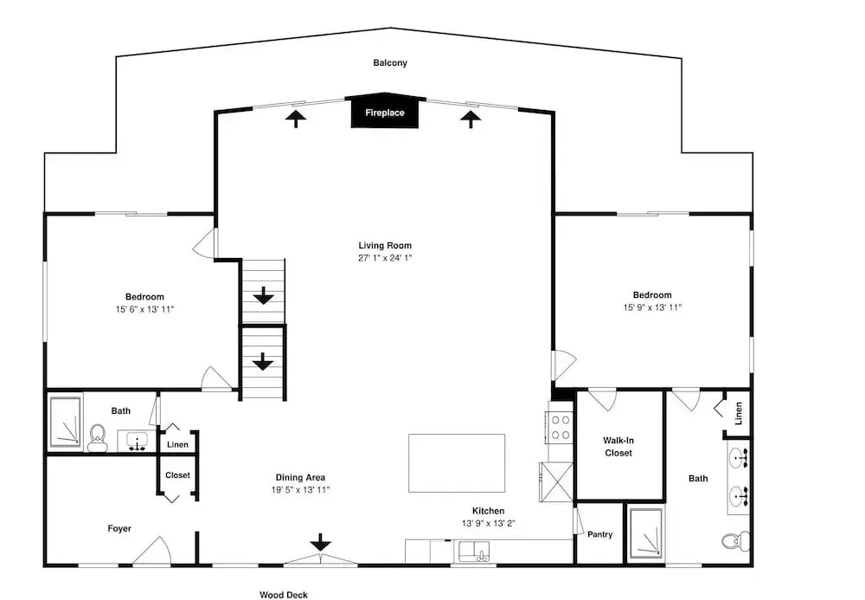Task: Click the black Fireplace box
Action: pos(385,112)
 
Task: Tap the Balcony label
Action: pos(390,63)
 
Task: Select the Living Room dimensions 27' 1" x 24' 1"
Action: pos(385,258)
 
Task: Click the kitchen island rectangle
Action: pos(457,463)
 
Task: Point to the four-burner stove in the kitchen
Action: pos(560,428)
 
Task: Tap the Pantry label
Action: pos(599,534)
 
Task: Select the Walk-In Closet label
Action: pos(618,447)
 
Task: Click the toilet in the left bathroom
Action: pos(99,438)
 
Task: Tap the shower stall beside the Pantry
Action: pos(645,532)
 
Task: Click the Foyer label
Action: pos(119,529)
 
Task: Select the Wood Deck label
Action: pos(284,595)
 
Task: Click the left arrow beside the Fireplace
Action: pos(296,118)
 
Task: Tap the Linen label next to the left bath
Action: pos(177,444)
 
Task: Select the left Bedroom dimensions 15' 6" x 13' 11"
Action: pos(144,309)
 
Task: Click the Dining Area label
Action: pos(301,477)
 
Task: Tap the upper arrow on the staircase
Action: pos(264,295)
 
